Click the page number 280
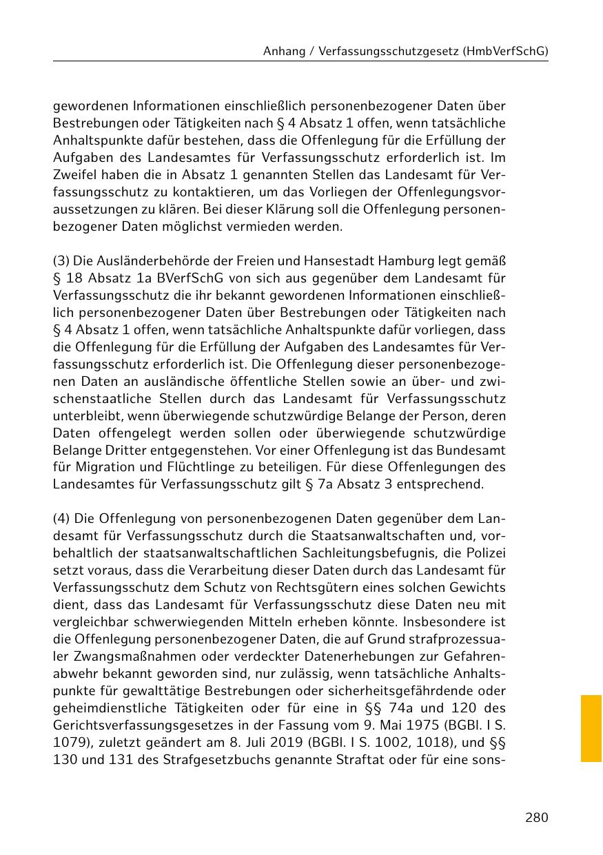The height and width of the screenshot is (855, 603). [x=536, y=818]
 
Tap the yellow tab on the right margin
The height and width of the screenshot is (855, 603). [x=591, y=728]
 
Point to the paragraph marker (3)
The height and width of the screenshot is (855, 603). [x=61, y=261]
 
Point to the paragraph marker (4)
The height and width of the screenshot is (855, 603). [x=61, y=518]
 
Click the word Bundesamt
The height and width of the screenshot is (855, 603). [x=480, y=450]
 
